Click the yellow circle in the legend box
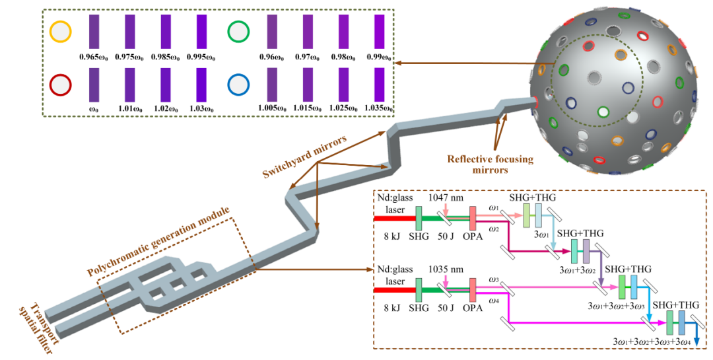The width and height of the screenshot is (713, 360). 60,32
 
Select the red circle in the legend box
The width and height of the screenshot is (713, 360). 60,85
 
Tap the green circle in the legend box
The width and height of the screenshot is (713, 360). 238,32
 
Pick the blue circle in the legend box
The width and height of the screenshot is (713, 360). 238,85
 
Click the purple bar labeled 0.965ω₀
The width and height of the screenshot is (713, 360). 94,32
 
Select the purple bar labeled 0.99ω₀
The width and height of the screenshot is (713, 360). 379,32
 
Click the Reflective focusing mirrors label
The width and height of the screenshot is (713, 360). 490,164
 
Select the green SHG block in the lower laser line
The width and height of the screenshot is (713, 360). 419,290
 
